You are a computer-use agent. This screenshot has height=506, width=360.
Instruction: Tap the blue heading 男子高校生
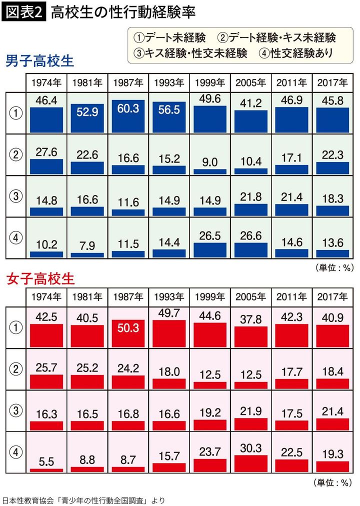click(40, 61)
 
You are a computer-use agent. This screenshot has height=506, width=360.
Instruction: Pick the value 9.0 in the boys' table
click(209, 162)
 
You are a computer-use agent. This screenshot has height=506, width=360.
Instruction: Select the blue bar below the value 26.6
click(250, 249)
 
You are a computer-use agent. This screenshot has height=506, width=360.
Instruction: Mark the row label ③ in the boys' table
click(15, 196)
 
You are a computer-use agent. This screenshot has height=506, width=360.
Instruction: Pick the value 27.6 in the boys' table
click(46, 152)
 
